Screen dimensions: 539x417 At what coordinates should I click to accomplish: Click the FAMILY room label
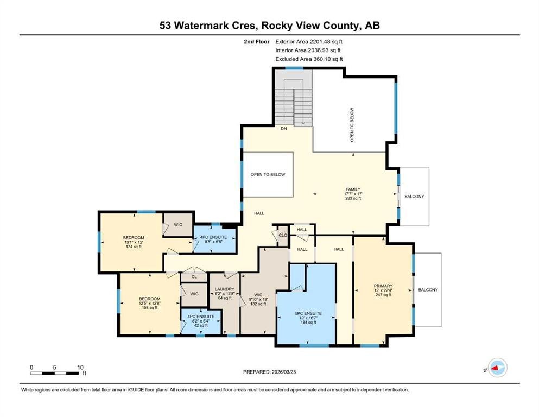click(353, 189)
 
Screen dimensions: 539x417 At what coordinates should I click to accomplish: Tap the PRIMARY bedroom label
click(383, 286)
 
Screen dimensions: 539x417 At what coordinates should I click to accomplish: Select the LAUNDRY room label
click(225, 289)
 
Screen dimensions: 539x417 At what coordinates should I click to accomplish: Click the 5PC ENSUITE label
click(308, 313)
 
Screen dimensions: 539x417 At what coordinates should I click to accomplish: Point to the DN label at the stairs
click(283, 129)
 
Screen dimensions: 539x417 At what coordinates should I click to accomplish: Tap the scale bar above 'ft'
click(55, 373)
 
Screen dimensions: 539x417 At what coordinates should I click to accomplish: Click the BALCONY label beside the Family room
click(414, 197)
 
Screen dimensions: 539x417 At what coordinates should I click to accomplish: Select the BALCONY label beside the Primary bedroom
click(428, 290)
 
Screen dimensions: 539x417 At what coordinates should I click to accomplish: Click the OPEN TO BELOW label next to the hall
click(268, 175)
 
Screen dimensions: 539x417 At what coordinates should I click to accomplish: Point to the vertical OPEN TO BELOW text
click(352, 125)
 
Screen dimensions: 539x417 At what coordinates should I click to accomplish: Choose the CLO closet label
click(283, 236)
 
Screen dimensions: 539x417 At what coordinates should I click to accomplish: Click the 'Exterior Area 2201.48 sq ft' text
click(309, 42)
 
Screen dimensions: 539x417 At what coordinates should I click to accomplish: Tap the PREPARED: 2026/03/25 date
click(269, 372)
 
